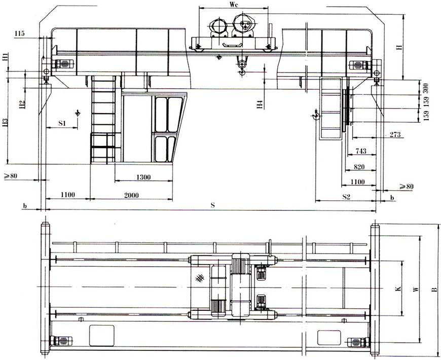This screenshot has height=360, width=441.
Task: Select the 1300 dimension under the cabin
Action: pyautogui.click(x=143, y=177)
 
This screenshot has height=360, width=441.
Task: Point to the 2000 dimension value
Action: pyautogui.click(x=131, y=195)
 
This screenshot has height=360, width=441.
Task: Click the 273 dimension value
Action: pyautogui.click(x=395, y=134)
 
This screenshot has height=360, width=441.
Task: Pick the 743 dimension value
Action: pyautogui.click(x=360, y=151)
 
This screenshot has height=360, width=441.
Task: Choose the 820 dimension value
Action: pyautogui.click(x=359, y=167)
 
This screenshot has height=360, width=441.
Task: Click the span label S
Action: pyautogui.click(x=213, y=205)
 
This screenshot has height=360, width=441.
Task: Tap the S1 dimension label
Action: pyautogui.click(x=62, y=123)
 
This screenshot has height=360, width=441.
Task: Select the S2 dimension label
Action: pyautogui.click(x=346, y=197)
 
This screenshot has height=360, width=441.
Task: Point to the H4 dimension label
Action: pyautogui.click(x=261, y=105)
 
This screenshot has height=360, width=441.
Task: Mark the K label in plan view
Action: pyautogui.click(x=398, y=289)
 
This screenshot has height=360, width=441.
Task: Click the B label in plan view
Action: pyautogui.click(x=435, y=290)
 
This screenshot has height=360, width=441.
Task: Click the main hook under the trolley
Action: pyautogui.click(x=242, y=67)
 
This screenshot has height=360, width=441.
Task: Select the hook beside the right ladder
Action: pyautogui.click(x=316, y=114)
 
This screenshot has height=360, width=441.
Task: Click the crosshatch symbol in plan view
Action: pyautogui.click(x=200, y=278)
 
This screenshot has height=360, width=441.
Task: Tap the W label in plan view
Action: pyautogui.click(x=417, y=290)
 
